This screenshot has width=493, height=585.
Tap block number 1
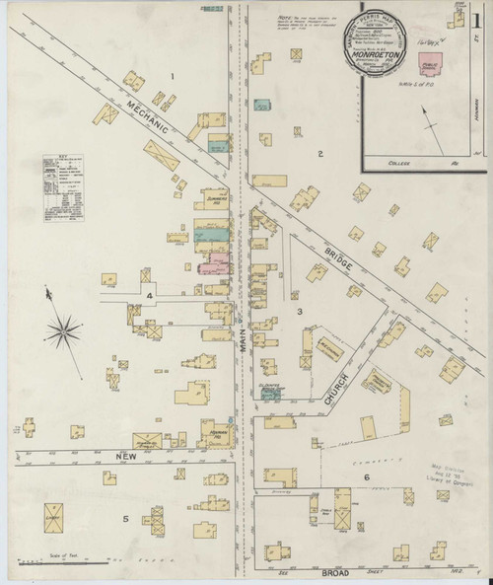pyautogui.click(x=172, y=76)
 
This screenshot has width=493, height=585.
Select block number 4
pyautogui.click(x=150, y=295)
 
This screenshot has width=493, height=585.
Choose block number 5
pyautogui.click(x=125, y=518)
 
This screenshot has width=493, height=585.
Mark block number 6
pyautogui.click(x=366, y=478)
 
